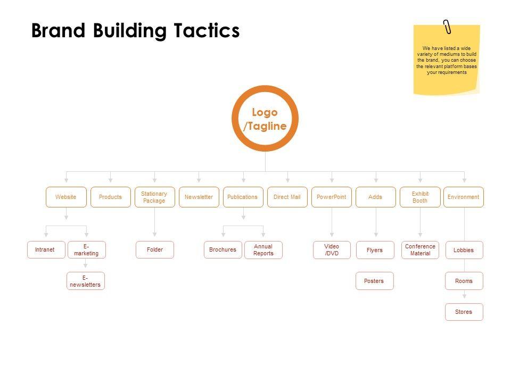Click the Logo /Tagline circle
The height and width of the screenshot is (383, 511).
(x=265, y=119)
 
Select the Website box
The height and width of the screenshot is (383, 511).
(x=66, y=197)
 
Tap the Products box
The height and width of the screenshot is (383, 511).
(x=110, y=197)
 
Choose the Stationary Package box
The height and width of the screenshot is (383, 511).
(x=154, y=197)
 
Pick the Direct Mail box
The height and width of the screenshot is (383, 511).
(x=287, y=197)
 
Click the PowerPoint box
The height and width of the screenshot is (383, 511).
(x=331, y=197)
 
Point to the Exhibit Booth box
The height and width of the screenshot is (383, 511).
(x=420, y=197)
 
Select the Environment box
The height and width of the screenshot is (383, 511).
(x=464, y=197)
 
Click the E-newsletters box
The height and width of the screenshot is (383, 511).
(x=86, y=281)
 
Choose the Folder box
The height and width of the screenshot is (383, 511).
(x=155, y=250)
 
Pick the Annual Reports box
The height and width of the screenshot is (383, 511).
(x=263, y=250)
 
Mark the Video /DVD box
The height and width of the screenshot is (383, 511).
(x=332, y=250)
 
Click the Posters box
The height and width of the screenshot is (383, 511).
(x=374, y=281)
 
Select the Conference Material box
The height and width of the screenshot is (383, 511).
(x=420, y=250)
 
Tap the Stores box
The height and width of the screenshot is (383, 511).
(x=464, y=312)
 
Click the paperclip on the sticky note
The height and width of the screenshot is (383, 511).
(x=447, y=27)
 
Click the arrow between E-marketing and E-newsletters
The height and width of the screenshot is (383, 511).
(x=86, y=265)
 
